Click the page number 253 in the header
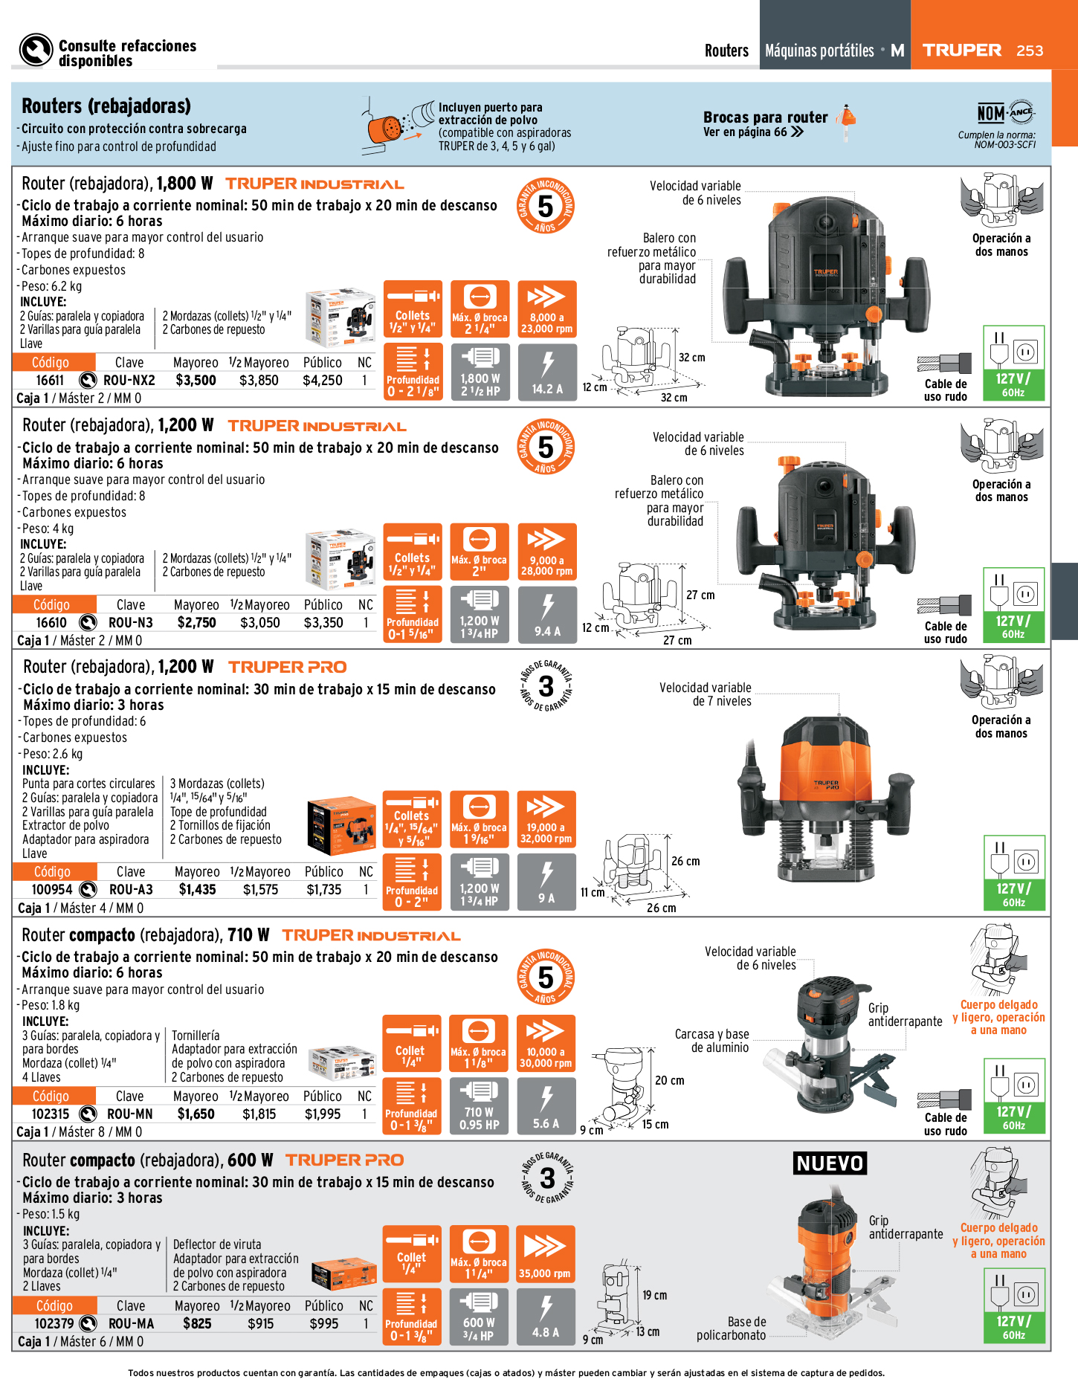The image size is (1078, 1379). (x=1030, y=51)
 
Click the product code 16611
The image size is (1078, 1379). (x=50, y=381)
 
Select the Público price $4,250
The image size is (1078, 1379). (x=323, y=381)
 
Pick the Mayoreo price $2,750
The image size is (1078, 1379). (x=196, y=623)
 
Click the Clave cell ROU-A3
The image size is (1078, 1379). (x=131, y=890)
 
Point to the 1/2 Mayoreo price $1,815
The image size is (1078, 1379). (x=259, y=1114)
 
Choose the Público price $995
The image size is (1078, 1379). (x=323, y=1324)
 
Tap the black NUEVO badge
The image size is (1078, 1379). (x=830, y=1163)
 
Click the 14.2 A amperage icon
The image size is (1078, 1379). (x=547, y=372)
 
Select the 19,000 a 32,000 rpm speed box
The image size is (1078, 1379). (x=546, y=819)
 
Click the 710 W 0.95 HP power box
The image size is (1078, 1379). (x=480, y=1106)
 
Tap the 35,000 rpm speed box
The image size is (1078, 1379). (x=545, y=1253)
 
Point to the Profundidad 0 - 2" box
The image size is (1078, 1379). (x=412, y=882)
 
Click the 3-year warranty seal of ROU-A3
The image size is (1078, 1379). (x=546, y=685)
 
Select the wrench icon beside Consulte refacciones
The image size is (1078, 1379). (x=36, y=51)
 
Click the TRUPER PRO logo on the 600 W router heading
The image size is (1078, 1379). (x=345, y=1160)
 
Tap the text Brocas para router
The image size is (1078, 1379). (x=765, y=117)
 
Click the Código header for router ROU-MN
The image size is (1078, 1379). (x=51, y=1096)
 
